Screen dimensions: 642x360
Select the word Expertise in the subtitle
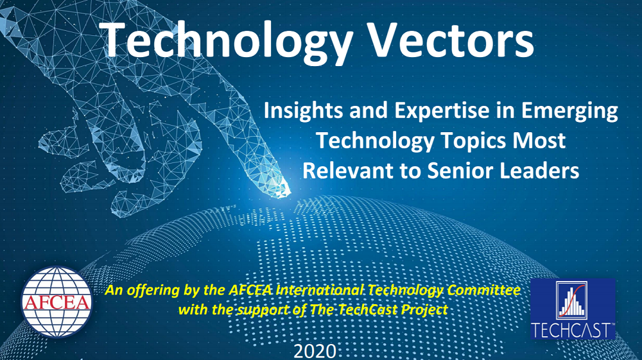pos(442,111)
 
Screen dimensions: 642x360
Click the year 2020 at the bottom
pos(315,351)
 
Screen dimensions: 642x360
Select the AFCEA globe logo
pos(56,302)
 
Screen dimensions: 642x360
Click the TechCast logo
pos(573,309)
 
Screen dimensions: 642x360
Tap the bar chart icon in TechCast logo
pos(571,300)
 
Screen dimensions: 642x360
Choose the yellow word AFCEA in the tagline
pos(250,290)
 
